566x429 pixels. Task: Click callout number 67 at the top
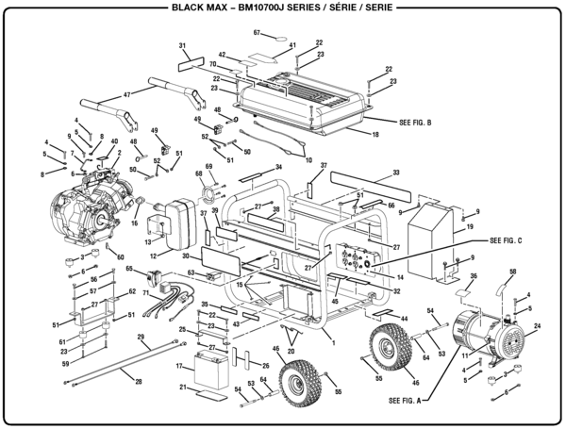pyautogui.click(x=256, y=33)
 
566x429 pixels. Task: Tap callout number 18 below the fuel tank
pyautogui.click(x=375, y=135)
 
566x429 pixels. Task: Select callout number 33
pyautogui.click(x=396, y=173)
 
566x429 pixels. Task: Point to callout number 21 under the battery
pyautogui.click(x=181, y=388)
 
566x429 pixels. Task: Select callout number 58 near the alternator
pyautogui.click(x=513, y=272)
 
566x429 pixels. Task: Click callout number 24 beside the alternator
pyautogui.click(x=537, y=327)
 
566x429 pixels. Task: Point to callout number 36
pyautogui.click(x=474, y=276)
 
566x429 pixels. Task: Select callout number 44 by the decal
pyautogui.click(x=404, y=319)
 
